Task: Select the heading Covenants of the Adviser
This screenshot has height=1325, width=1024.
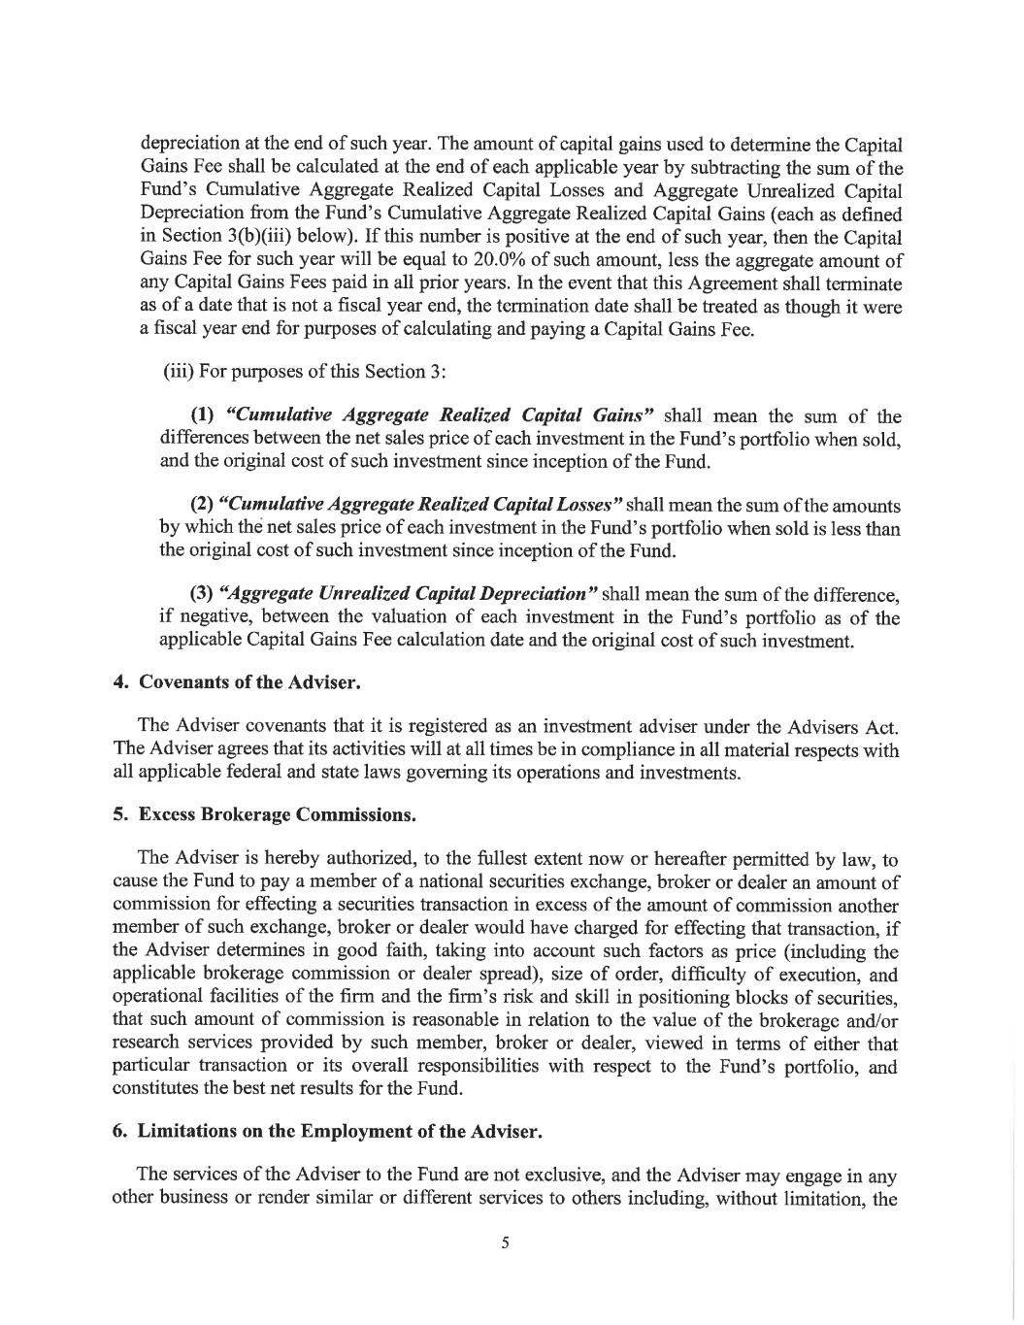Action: click(x=249, y=681)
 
